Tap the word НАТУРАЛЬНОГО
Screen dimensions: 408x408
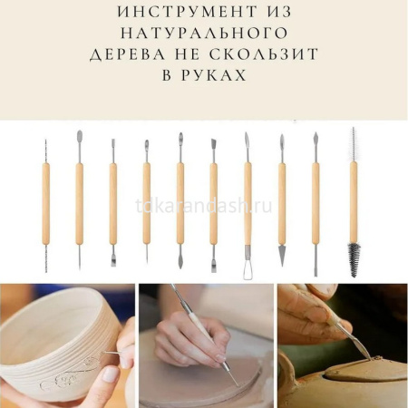click(204, 34)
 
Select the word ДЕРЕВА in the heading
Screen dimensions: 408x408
click(128, 54)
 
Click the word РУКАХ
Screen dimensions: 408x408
click(214, 75)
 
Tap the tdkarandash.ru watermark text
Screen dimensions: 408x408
click(204, 206)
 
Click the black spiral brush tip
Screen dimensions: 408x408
click(354, 259)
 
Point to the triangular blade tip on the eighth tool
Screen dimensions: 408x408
click(282, 256)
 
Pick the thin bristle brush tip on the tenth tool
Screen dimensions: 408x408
click(353, 144)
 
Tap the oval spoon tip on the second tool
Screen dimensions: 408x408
click(80, 137)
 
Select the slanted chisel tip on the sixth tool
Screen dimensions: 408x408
click(213, 143)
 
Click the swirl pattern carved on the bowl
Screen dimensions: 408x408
click(70, 373)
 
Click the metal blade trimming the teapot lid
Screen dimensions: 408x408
click(360, 346)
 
